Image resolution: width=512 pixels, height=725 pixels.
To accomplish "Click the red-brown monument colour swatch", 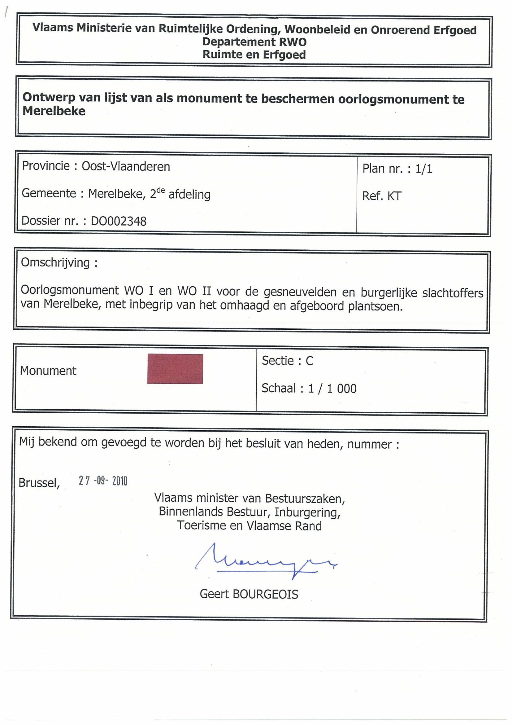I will click(x=175, y=369).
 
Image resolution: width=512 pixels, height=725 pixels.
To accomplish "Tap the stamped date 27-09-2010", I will click(x=103, y=481).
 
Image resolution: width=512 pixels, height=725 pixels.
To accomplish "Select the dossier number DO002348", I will click(x=119, y=221).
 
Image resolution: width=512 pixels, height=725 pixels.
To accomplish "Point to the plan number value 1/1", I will click(x=424, y=169).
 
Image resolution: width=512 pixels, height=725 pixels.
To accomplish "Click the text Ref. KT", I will click(x=382, y=196).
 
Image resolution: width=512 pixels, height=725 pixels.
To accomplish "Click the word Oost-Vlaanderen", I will click(x=126, y=166).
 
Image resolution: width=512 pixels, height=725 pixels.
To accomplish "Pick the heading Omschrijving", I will click(x=55, y=263).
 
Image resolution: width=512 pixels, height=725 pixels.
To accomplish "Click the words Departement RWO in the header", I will click(x=254, y=42).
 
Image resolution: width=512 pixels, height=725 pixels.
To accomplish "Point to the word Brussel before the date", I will click(x=39, y=483).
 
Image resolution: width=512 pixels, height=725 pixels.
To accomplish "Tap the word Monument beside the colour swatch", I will click(x=48, y=371).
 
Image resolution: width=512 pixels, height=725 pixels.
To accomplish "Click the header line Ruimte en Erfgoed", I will click(x=254, y=55).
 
